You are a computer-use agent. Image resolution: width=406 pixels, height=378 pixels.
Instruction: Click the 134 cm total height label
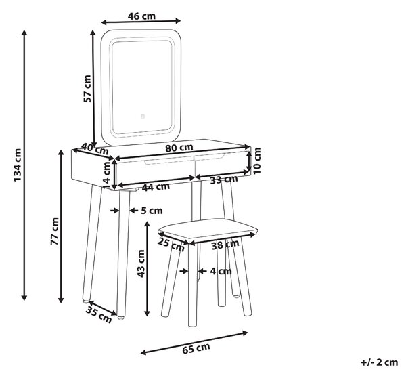[x=18, y=165]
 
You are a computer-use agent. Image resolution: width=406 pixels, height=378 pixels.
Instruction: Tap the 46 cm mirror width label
[x=141, y=16]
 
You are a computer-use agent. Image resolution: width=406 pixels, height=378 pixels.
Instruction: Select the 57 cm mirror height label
[x=87, y=89]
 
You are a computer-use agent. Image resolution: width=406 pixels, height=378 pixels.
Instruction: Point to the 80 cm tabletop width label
[x=179, y=148]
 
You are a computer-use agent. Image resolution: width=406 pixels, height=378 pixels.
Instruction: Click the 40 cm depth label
[x=95, y=149]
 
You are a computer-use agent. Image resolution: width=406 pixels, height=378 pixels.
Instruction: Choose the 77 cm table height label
[x=55, y=232]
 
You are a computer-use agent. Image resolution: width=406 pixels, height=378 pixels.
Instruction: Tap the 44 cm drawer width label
[x=156, y=187]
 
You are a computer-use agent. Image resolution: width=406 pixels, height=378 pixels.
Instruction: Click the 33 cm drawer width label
[x=224, y=180]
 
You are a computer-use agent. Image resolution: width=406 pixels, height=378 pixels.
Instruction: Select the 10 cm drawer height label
[x=256, y=161]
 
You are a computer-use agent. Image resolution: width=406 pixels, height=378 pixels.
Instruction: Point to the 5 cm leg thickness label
[x=152, y=211]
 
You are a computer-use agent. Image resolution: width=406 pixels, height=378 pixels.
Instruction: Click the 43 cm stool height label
[x=141, y=264]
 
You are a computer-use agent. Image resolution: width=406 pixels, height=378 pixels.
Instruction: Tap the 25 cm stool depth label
[x=171, y=245]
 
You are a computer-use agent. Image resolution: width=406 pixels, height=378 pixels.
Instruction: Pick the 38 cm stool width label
[x=225, y=245]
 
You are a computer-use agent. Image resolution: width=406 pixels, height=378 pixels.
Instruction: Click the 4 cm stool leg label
[x=221, y=271]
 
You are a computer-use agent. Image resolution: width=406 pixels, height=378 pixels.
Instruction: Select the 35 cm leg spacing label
[x=99, y=315]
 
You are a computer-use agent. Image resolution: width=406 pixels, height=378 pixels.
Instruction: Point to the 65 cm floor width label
[x=196, y=348]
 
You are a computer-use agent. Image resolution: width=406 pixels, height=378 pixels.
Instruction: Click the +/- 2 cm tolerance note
[x=380, y=362]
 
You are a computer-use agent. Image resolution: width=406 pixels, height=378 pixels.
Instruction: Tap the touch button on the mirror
[x=142, y=117]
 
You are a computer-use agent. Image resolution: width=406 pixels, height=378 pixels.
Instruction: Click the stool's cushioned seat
[x=208, y=230]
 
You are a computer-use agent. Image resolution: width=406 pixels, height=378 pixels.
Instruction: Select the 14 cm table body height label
[x=106, y=173]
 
